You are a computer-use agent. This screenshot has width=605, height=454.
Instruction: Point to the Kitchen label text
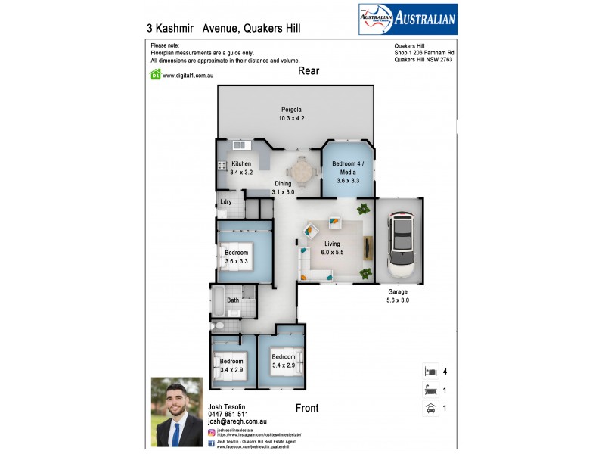pos(241,164)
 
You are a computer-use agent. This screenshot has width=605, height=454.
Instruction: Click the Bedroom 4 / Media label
pos(348,168)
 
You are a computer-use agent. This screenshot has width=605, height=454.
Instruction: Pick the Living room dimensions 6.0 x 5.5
pos(333,253)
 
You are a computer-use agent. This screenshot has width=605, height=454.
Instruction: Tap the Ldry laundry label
pos(225,201)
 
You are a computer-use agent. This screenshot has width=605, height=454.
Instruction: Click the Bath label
pos(234,300)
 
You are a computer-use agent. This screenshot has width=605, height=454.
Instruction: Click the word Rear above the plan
pos(309,71)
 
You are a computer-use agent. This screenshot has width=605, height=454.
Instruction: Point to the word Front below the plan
pos(307,408)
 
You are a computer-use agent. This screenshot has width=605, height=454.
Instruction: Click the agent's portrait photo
pos(177,411)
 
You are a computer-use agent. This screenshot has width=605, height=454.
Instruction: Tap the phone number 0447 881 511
pos(228,414)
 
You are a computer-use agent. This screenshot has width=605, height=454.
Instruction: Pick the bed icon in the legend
pos(430,372)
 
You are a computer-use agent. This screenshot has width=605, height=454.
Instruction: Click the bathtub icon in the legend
pos(430,390)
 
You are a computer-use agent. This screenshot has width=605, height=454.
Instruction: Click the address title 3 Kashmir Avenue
pos(223,27)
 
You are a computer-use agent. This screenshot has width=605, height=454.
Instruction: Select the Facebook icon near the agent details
pos(211,443)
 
